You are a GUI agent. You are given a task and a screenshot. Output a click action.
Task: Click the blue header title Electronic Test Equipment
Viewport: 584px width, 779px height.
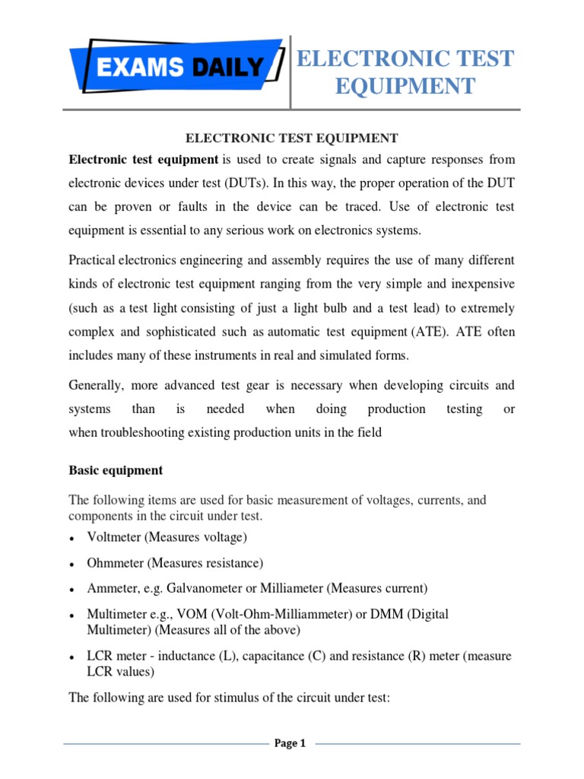point(405,72)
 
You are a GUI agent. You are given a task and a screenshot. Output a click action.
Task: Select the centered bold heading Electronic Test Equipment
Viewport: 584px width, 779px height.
point(292,138)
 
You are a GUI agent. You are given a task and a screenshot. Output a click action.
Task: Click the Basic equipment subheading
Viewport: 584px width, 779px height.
point(116,470)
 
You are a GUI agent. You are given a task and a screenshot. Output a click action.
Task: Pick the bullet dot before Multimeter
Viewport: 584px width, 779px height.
point(71,615)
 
